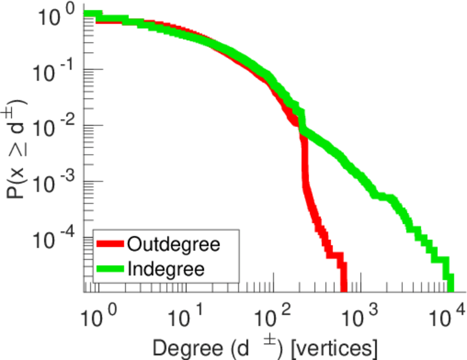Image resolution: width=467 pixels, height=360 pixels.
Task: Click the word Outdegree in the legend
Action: click(x=174, y=244)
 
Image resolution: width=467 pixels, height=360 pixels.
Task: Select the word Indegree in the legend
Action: click(x=167, y=268)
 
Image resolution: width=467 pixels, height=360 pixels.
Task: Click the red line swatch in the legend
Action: click(x=110, y=244)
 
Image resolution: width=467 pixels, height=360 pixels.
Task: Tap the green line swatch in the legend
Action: click(x=110, y=268)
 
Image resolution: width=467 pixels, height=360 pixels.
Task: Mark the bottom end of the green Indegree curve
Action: click(x=448, y=287)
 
